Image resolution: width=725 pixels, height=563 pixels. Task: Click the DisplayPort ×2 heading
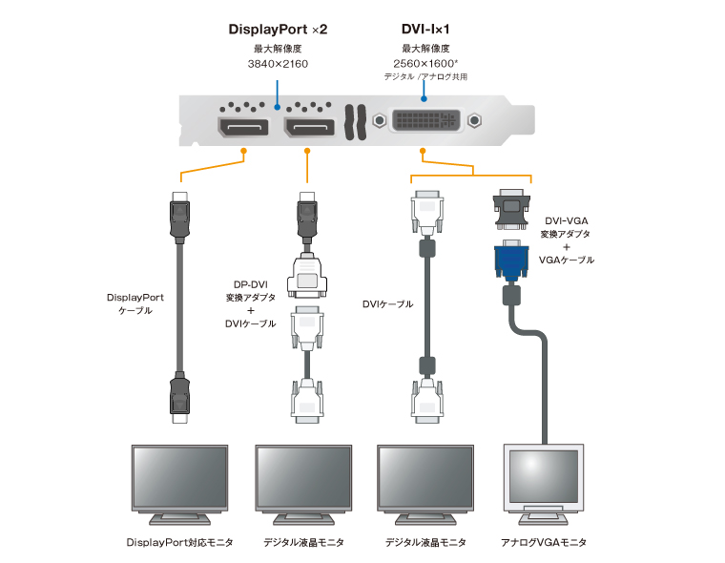pyautogui.click(x=277, y=30)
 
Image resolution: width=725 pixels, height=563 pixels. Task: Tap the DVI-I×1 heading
pyautogui.click(x=425, y=30)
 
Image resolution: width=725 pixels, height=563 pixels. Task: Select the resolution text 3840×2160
pyautogui.click(x=277, y=64)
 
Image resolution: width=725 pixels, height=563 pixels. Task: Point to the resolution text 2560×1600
pyautogui.click(x=425, y=64)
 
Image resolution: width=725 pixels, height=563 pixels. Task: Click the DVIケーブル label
pyautogui.click(x=387, y=303)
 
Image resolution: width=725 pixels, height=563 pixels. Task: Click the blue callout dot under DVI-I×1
pyautogui.click(x=424, y=95)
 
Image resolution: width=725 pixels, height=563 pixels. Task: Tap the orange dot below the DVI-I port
pyautogui.click(x=424, y=151)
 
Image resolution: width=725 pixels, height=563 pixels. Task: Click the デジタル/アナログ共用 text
pyautogui.click(x=425, y=77)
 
